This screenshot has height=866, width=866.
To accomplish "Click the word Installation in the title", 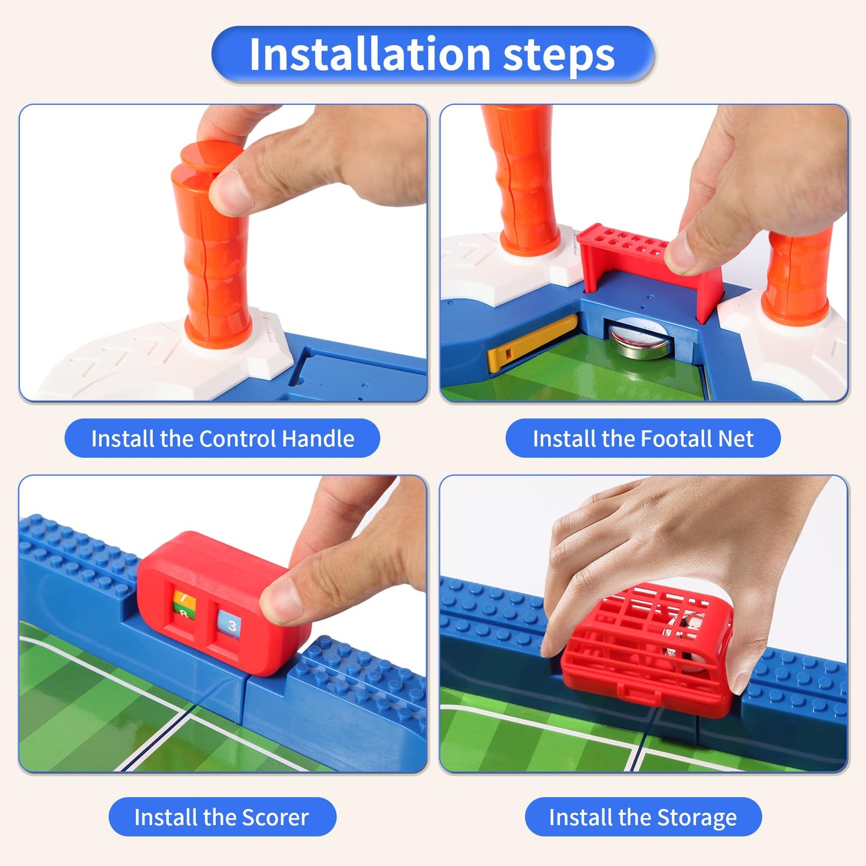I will [x=370, y=55].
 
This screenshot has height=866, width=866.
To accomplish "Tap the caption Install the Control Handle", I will [x=222, y=438].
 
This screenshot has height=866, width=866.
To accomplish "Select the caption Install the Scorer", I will [x=222, y=817].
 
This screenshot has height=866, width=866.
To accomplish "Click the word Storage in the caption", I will [x=696, y=817].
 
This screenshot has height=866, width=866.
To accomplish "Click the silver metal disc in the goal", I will [x=638, y=339].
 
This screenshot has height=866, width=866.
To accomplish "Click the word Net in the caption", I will [x=736, y=439].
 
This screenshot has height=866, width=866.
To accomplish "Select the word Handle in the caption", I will [x=318, y=438].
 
